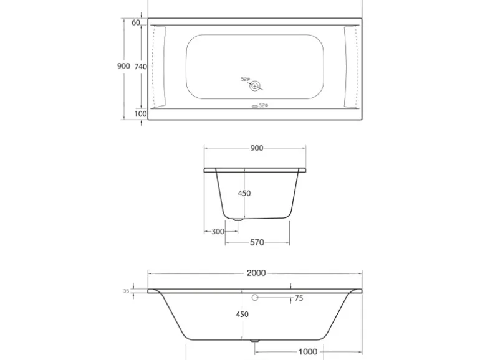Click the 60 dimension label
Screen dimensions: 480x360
pyautogui.click(x=136, y=22)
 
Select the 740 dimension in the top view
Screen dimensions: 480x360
pyautogui.click(x=140, y=67)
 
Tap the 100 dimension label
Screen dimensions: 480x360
pyautogui.click(x=140, y=114)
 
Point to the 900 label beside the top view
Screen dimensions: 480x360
pyautogui.click(x=123, y=66)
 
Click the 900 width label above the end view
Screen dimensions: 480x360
pyautogui.click(x=257, y=148)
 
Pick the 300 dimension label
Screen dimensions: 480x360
pyautogui.click(x=218, y=231)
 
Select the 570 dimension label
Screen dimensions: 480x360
pyautogui.click(x=257, y=242)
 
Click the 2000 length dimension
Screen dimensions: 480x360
pyautogui.click(x=256, y=273)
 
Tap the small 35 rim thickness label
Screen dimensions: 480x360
pyautogui.click(x=126, y=291)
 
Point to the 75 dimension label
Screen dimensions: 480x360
pyautogui.click(x=299, y=298)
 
